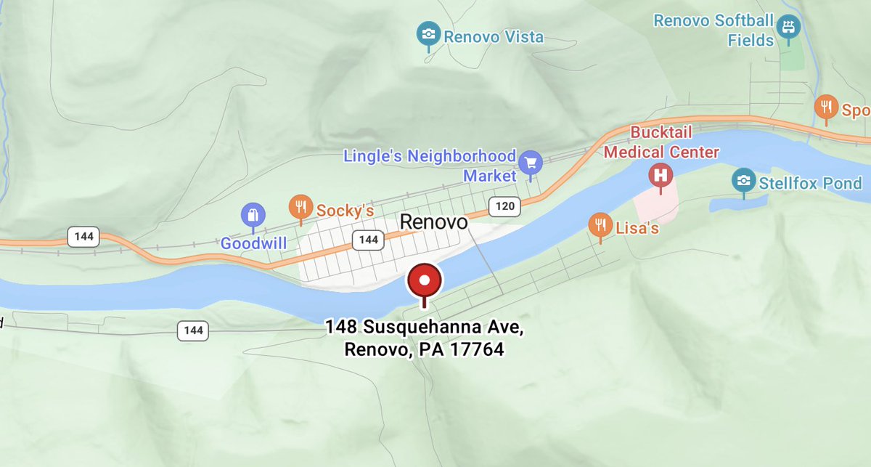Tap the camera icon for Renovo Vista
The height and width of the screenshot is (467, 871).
pyautogui.click(x=429, y=33)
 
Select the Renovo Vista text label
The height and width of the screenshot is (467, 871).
pyautogui.click(x=493, y=36)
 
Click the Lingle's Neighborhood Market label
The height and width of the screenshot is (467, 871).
pyautogui.click(x=430, y=166)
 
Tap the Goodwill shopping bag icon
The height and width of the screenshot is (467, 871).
pyautogui.click(x=253, y=215)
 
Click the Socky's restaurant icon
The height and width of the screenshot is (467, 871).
pyautogui.click(x=300, y=206)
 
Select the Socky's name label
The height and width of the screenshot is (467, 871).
pyautogui.click(x=345, y=211)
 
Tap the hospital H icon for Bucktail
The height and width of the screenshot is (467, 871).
pyautogui.click(x=661, y=175)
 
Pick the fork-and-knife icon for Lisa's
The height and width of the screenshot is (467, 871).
pyautogui.click(x=600, y=224)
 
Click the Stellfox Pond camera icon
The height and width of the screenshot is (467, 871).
pyautogui.click(x=743, y=179)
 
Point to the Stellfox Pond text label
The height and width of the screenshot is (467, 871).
pyautogui.click(x=810, y=182)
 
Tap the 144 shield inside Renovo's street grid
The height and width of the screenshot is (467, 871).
pyautogui.click(x=369, y=240)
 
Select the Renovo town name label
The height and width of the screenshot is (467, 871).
pyautogui.click(x=434, y=222)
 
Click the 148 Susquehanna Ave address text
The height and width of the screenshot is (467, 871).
pyautogui.click(x=425, y=338)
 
